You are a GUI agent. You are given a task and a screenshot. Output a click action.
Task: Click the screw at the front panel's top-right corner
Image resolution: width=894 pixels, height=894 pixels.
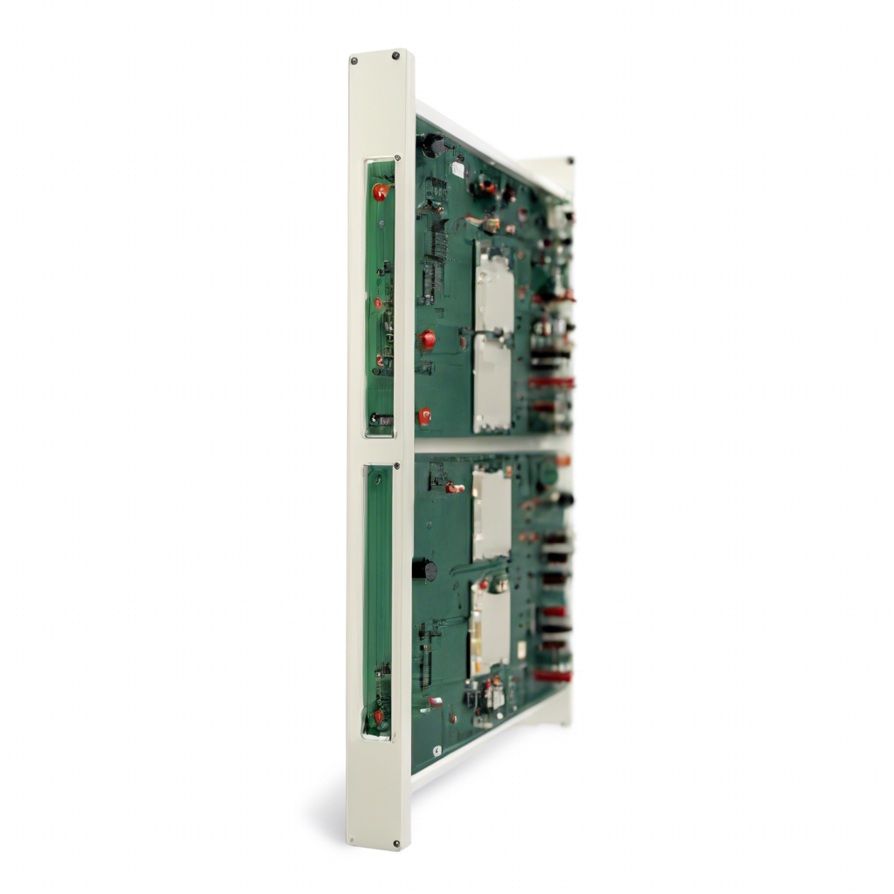(395, 56)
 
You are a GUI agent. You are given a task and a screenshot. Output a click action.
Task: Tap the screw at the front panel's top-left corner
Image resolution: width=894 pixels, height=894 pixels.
(354, 60)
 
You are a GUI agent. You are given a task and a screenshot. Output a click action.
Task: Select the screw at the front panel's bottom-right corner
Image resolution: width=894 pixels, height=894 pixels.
(397, 843)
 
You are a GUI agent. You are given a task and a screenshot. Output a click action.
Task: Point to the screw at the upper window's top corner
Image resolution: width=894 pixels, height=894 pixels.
(397, 159)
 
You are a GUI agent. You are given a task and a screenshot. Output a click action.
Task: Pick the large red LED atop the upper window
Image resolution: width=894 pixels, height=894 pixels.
(381, 192)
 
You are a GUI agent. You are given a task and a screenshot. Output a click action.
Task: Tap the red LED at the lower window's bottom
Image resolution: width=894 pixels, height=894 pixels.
(379, 716)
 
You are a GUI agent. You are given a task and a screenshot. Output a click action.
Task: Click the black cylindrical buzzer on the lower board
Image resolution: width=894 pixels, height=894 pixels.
(425, 569)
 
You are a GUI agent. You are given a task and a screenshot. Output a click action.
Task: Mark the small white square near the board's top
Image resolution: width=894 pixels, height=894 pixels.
(457, 169)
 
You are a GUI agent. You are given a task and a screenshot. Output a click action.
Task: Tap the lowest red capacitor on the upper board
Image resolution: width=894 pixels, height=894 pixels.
(424, 416)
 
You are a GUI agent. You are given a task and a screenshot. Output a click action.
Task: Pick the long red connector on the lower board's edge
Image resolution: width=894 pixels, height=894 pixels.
(553, 675)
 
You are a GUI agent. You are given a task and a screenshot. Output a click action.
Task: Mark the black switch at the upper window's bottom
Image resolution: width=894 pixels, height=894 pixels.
(382, 419)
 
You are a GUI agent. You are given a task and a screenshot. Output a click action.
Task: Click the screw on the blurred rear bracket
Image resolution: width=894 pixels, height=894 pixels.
(570, 162)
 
